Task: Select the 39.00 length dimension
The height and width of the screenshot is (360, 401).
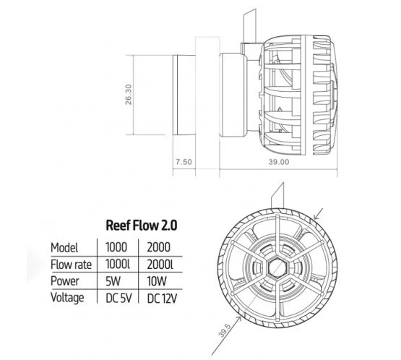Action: coord(278,163)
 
